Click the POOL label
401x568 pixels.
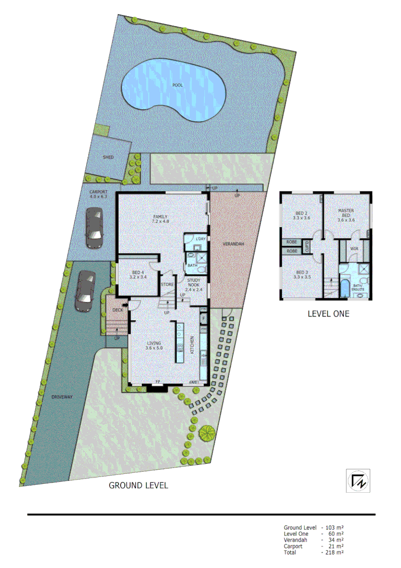pos(177,85)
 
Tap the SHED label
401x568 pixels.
pos(108,157)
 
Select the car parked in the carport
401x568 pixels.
pos(95,227)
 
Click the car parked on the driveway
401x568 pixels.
pos(84,292)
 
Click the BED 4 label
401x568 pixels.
pos(137,274)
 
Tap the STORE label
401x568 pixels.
pos(167,285)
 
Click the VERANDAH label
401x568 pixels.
pos(233,244)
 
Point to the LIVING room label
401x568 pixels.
pos(154,345)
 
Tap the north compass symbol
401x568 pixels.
pos(358,481)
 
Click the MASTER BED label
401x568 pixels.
pos(346,213)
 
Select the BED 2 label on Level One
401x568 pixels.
pos(301,215)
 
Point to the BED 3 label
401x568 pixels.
pos(301,274)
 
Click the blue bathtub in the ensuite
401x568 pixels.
pos(345,289)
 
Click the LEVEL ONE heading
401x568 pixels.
pos(328,313)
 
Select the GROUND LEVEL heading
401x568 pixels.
pos(138,485)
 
